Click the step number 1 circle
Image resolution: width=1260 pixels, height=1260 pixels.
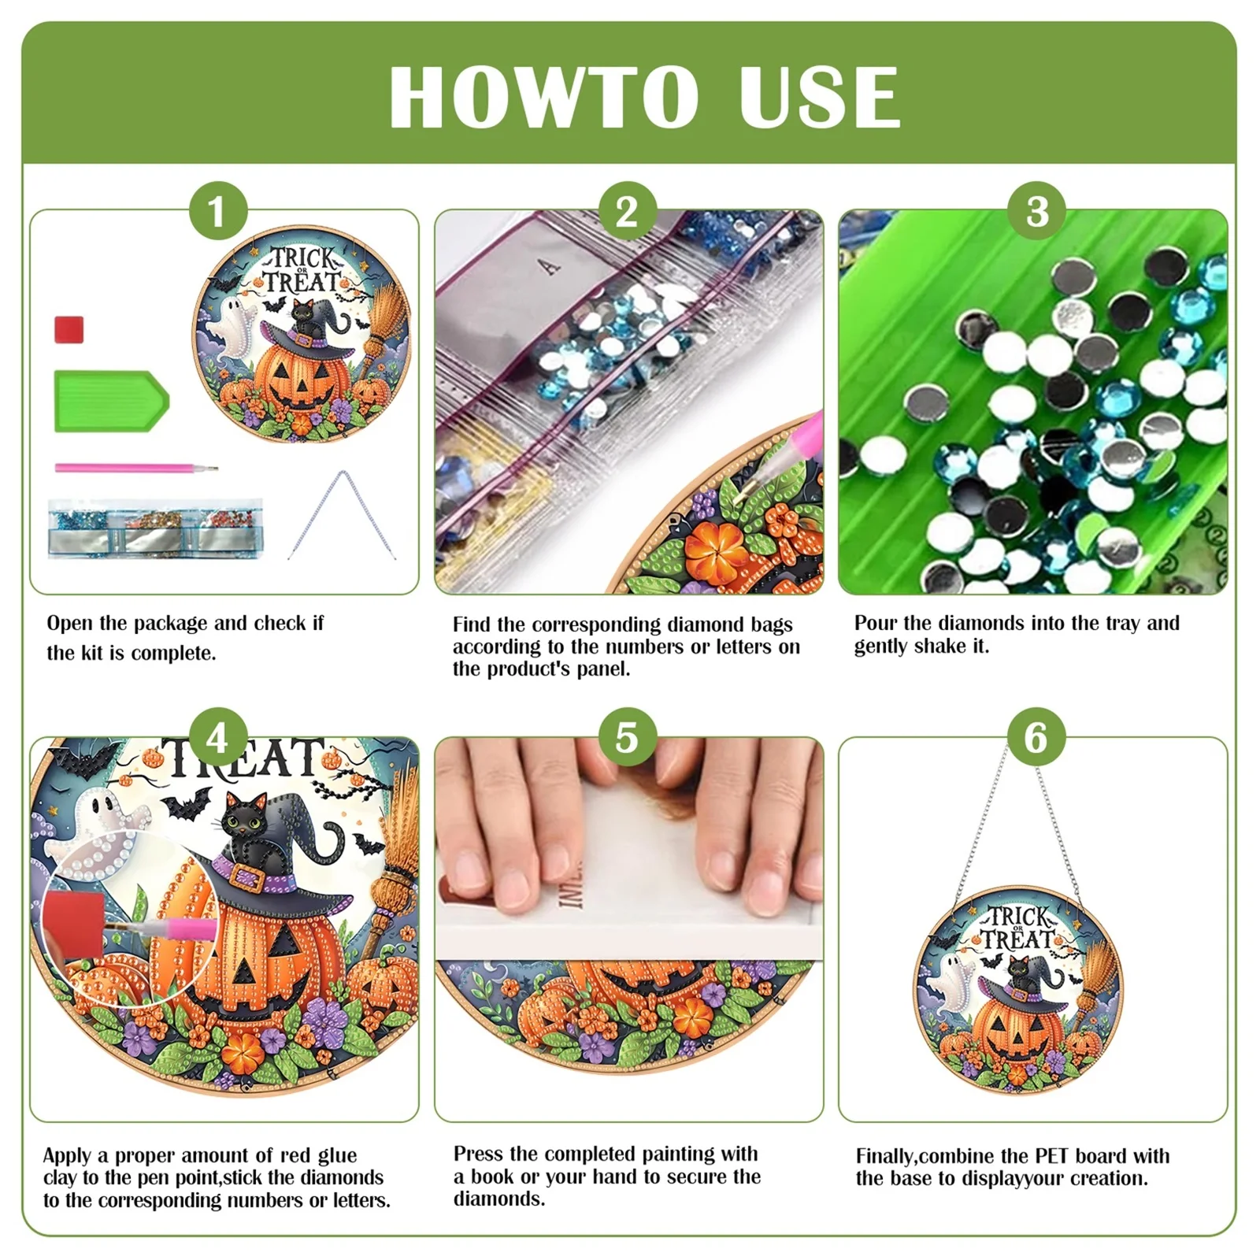tap(217, 211)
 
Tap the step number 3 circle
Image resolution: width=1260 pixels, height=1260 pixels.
tap(1037, 211)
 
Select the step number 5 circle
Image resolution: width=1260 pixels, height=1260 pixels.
tap(627, 738)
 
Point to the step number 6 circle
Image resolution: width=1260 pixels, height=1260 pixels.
tap(1036, 738)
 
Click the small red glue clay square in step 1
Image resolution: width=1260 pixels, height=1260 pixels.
tap(69, 329)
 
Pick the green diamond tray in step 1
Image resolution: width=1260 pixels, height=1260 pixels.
tap(110, 401)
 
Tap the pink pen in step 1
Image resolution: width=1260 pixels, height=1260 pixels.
tap(134, 468)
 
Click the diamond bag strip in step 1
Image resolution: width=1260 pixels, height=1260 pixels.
tap(155, 528)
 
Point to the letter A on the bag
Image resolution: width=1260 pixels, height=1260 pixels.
tap(550, 267)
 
